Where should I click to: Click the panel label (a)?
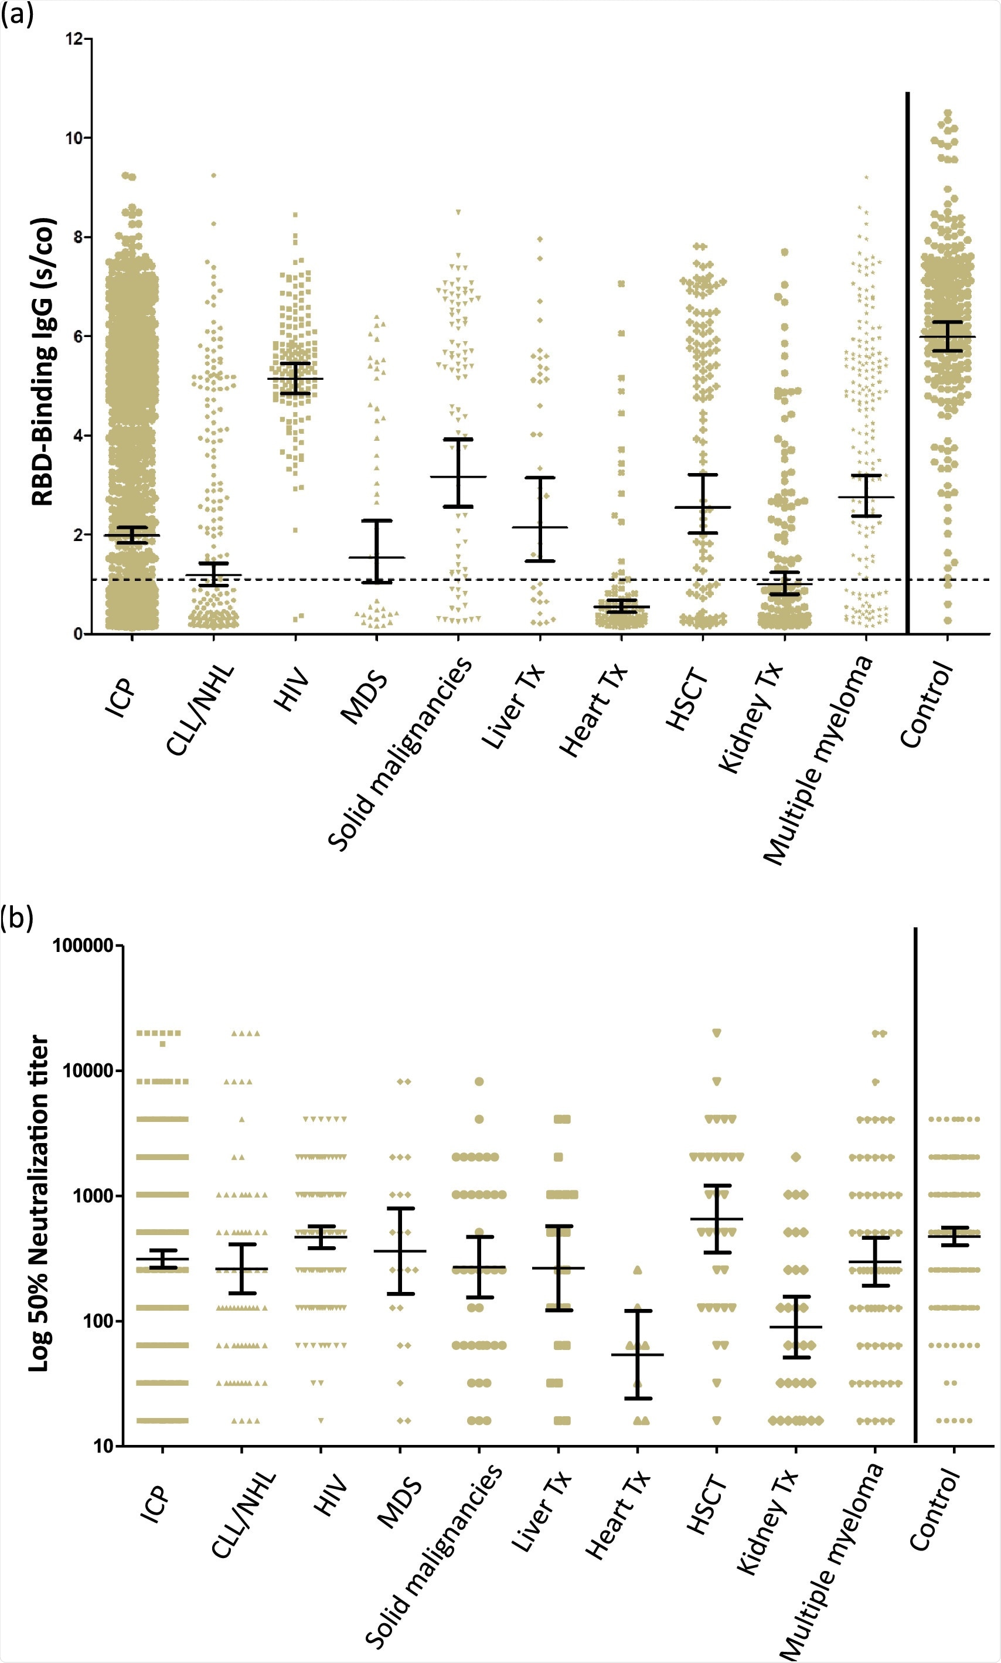[16, 14]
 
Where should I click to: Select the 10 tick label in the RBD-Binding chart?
[74, 138]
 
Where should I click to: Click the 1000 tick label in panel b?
[93, 1195]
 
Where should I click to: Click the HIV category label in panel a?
[291, 689]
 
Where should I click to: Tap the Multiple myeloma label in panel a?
[818, 760]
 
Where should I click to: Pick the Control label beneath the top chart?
[928, 705]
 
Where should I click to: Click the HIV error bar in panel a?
[295, 379]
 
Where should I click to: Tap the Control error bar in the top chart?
[948, 336]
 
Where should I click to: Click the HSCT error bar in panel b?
[716, 1219]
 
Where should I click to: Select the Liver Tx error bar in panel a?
[540, 519]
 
